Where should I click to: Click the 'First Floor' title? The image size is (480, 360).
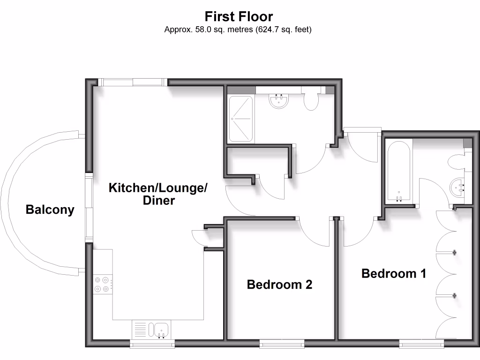[238, 17]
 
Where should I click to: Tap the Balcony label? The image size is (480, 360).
[50, 210]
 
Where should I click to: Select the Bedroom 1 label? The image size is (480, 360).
[394, 273]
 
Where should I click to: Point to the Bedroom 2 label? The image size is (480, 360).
[279, 284]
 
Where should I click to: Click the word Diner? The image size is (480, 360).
[159, 201]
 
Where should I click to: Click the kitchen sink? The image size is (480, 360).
[161, 330]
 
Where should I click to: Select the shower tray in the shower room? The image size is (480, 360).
[240, 120]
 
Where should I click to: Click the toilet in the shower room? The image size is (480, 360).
[311, 100]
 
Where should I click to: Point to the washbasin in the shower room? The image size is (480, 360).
[279, 101]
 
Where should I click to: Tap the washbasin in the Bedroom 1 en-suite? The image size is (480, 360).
[457, 189]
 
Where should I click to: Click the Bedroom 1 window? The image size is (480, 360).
[421, 345]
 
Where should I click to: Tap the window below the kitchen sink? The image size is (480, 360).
[152, 345]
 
